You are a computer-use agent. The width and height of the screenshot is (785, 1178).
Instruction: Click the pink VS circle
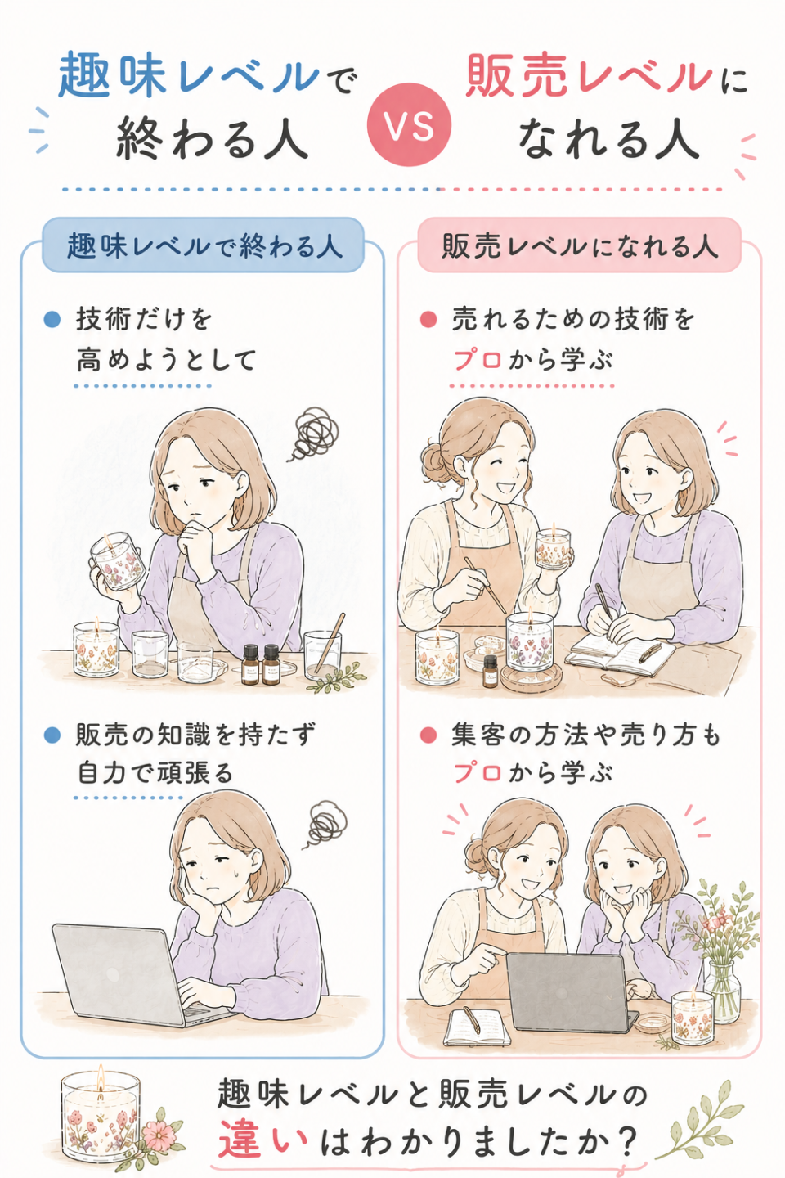[409, 125]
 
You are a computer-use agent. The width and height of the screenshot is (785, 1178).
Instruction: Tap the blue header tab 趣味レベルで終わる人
[203, 245]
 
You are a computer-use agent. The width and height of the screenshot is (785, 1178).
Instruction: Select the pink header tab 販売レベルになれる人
[579, 245]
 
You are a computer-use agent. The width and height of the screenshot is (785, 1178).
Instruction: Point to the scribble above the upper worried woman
[316, 434]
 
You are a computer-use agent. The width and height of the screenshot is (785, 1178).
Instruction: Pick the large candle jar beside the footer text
[101, 1114]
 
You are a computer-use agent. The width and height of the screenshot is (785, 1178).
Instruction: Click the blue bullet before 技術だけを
[52, 319]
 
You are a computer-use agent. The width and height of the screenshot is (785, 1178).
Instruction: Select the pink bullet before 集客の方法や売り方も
[428, 735]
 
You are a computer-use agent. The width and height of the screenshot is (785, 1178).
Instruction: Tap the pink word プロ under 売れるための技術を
[478, 361]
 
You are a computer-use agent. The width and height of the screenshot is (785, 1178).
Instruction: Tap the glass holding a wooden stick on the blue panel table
[322, 655]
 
